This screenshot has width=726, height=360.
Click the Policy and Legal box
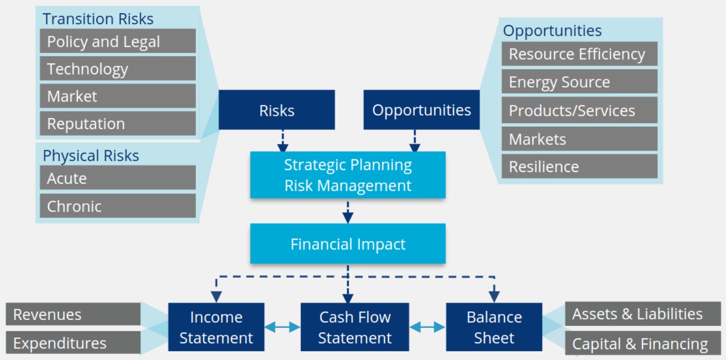[117, 41]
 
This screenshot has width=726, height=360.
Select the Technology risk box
[117, 69]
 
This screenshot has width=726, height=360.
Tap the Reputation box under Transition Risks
[117, 123]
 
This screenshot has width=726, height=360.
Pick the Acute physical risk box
[117, 178]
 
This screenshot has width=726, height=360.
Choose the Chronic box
[117, 206]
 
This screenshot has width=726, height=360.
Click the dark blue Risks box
[276, 110]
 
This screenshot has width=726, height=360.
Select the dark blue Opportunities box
[421, 110]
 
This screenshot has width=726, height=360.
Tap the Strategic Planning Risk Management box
[348, 175]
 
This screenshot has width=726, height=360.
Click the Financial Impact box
[348, 244]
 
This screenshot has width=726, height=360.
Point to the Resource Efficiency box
[579, 54]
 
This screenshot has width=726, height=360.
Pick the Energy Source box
[579, 82]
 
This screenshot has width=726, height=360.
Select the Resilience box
[579, 166]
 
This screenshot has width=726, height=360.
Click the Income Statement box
[216, 327]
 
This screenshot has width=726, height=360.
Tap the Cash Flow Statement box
[354, 327]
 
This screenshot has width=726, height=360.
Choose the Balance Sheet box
[494, 327]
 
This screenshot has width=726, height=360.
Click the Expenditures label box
[73, 343]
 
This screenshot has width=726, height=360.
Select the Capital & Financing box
[643, 344]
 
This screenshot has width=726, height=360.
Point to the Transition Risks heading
[98, 19]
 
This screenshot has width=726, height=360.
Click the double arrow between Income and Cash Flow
[282, 327]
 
